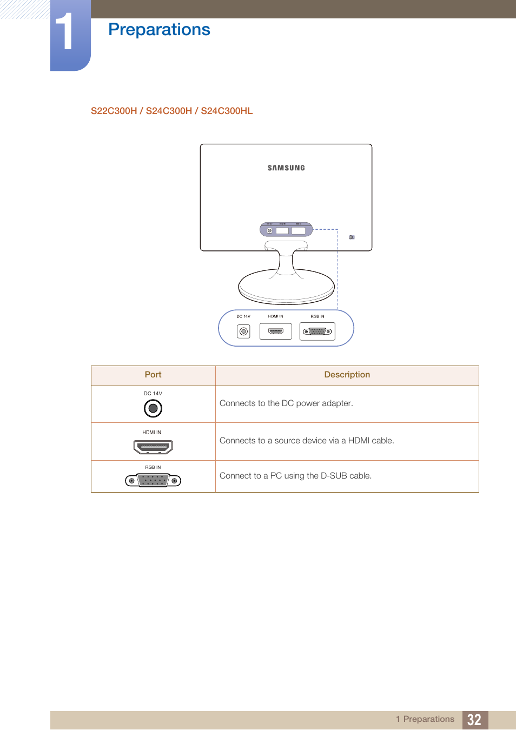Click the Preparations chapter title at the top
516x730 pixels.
[159, 30]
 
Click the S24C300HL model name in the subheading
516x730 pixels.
[227, 111]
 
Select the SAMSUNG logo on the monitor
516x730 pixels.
[286, 168]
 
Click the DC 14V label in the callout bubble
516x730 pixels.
[243, 316]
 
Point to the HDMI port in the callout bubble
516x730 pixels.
[275, 331]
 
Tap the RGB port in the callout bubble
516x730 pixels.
[317, 331]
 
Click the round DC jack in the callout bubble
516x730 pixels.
[244, 331]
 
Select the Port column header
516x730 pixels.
[153, 375]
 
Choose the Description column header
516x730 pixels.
[347, 375]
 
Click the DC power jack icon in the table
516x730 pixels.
[153, 408]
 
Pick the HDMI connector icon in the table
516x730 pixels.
[153, 447]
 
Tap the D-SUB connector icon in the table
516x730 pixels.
[153, 480]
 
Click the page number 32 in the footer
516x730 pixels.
[474, 720]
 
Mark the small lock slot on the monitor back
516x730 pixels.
[352, 237]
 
